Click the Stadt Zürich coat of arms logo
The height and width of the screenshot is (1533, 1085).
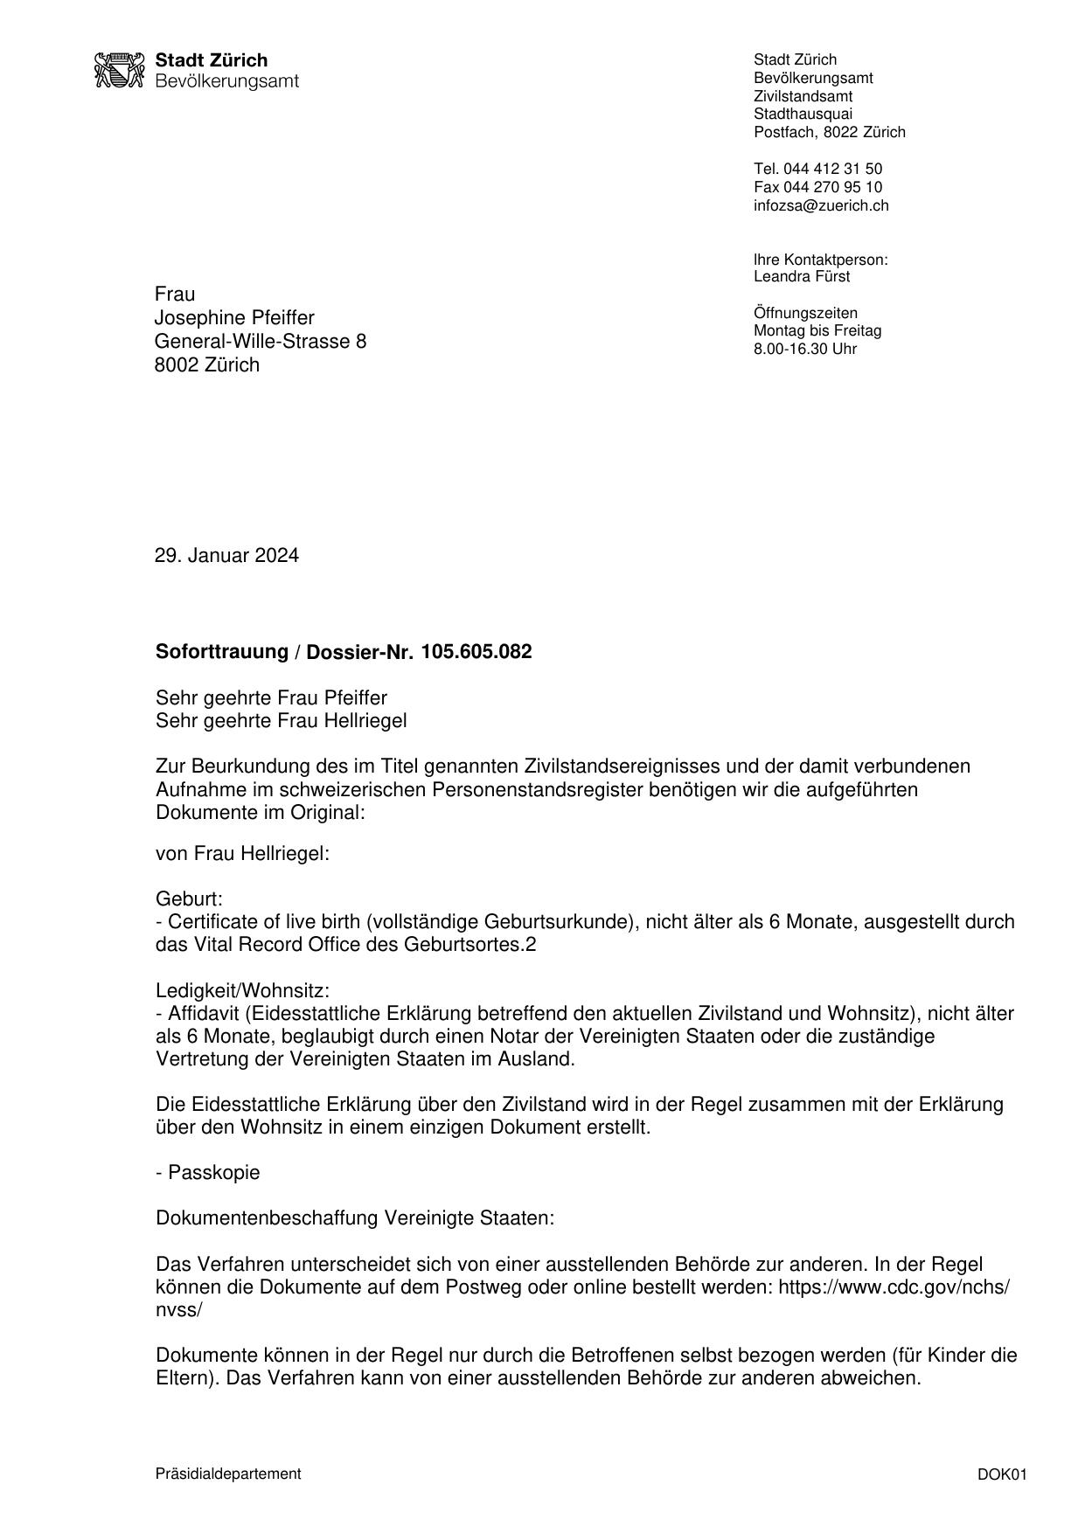click(118, 70)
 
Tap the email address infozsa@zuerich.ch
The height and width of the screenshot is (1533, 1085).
click(821, 205)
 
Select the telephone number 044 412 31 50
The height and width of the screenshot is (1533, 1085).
click(832, 169)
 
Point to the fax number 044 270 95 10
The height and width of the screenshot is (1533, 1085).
click(832, 187)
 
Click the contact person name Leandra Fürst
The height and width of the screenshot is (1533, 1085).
click(802, 277)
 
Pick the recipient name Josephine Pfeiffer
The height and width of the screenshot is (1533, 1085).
click(234, 317)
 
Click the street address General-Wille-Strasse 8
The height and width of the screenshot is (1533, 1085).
click(261, 341)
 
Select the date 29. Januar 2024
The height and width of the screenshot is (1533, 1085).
click(226, 556)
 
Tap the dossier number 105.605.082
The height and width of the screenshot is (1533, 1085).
click(476, 652)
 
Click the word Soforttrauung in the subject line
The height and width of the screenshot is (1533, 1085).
click(222, 652)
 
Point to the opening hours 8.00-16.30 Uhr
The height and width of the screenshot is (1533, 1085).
click(805, 350)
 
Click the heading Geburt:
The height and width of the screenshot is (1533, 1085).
click(189, 898)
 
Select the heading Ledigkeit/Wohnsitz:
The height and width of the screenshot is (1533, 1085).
click(242, 990)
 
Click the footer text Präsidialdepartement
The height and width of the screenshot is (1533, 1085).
click(228, 1474)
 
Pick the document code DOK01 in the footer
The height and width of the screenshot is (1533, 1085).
click(1002, 1475)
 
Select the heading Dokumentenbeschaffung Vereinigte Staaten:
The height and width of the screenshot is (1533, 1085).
click(355, 1218)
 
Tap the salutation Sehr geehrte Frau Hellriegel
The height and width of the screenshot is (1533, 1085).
click(281, 721)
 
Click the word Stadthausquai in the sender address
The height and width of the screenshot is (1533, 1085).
click(803, 114)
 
